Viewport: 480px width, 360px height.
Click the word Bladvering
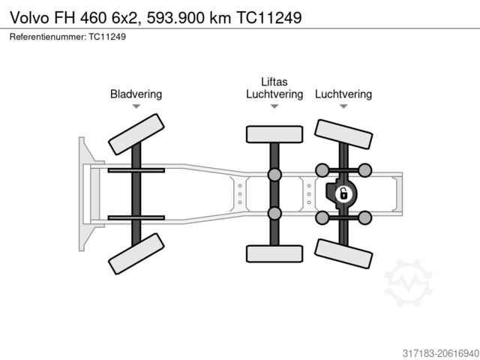click(136, 94)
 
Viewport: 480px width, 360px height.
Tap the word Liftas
click(274, 82)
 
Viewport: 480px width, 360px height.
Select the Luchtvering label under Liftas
click(274, 94)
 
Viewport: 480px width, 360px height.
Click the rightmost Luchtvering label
click(343, 94)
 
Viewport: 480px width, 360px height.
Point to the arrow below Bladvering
click(136, 106)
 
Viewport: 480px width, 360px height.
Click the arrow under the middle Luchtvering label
click(274, 106)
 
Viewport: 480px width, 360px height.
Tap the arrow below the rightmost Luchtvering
click(343, 106)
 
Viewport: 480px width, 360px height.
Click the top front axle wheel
click(136, 134)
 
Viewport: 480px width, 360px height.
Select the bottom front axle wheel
click(136, 253)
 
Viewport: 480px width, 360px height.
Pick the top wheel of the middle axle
click(274, 134)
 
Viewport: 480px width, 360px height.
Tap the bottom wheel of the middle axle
click(274, 253)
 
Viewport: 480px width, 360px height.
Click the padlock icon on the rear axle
click(343, 194)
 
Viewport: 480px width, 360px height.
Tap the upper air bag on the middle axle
click(274, 175)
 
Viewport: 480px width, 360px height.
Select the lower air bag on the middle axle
click(274, 214)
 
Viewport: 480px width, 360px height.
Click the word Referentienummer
click(48, 36)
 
